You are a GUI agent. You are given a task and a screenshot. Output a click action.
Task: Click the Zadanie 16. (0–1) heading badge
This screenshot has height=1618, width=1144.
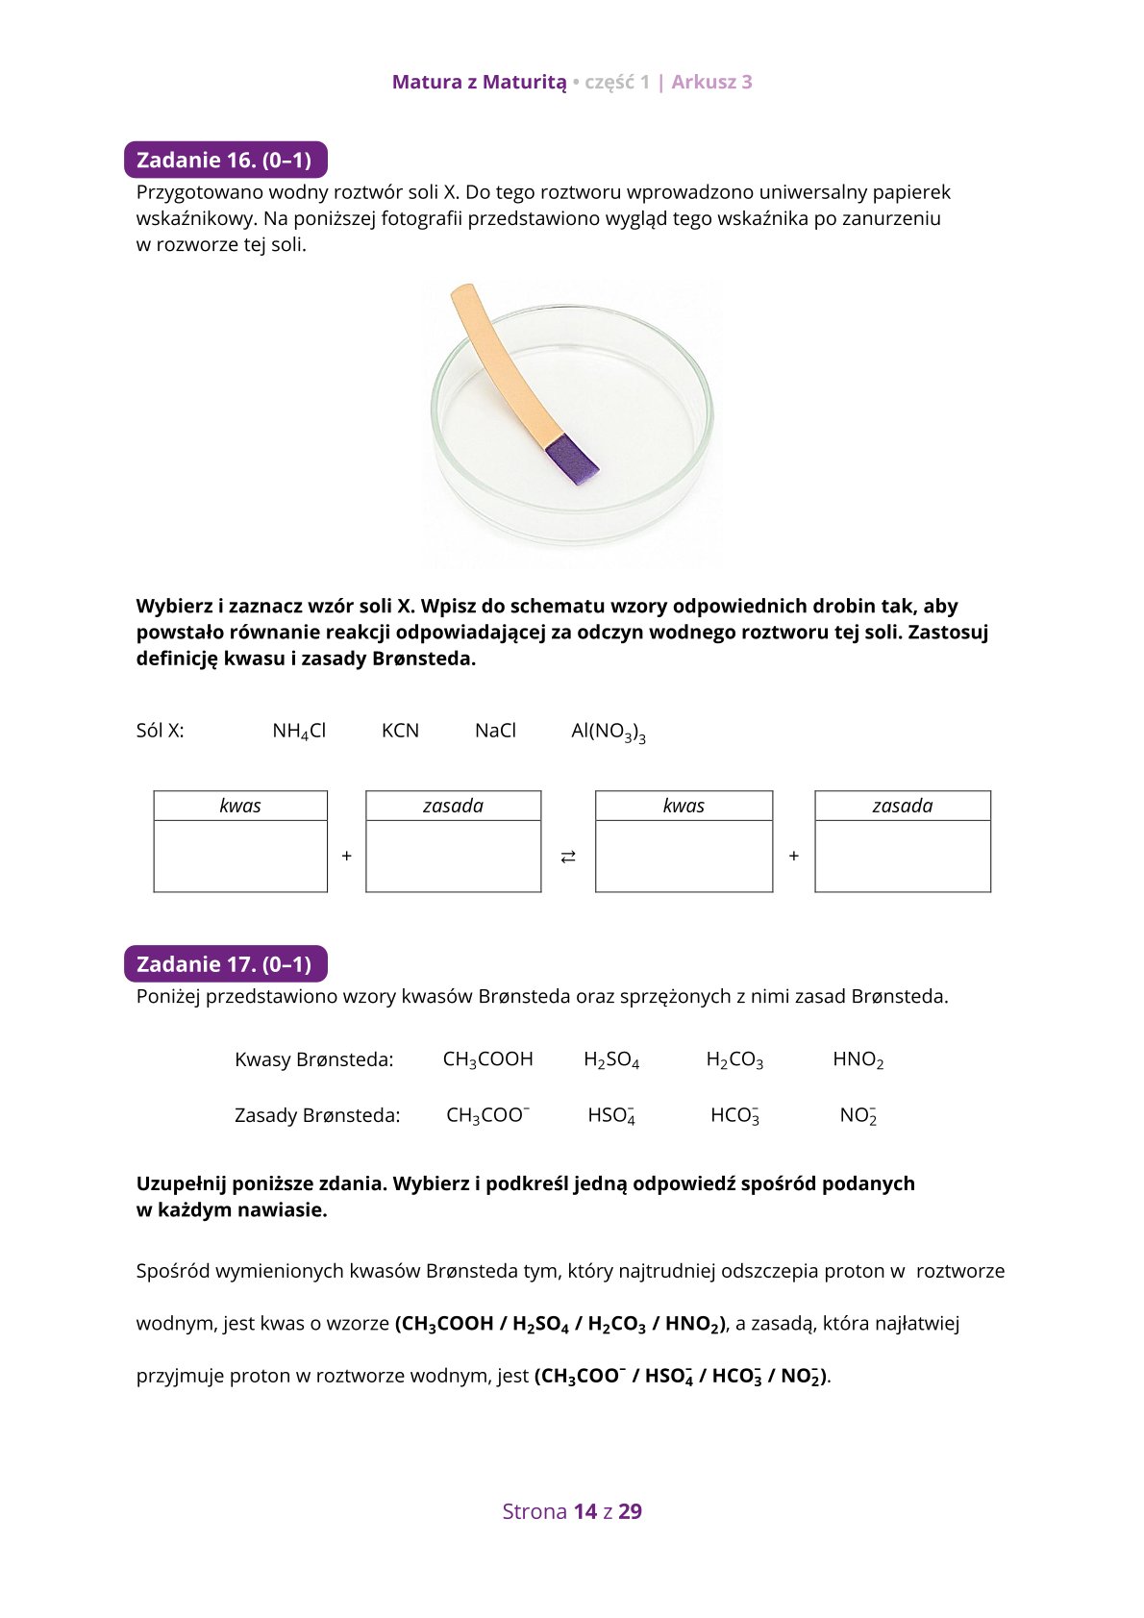click(x=225, y=161)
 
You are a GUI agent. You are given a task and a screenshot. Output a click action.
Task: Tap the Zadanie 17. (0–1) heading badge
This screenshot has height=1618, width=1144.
click(x=225, y=964)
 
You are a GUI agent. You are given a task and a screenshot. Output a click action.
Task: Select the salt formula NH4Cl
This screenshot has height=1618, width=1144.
click(x=299, y=732)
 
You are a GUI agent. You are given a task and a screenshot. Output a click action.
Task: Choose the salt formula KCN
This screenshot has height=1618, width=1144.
click(x=400, y=731)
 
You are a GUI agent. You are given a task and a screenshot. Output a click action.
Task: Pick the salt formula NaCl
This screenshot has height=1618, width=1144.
click(x=495, y=731)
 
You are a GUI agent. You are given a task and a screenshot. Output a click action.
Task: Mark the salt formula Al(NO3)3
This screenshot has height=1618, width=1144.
click(x=608, y=732)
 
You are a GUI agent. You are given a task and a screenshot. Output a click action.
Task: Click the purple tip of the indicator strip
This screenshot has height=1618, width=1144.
click(x=571, y=460)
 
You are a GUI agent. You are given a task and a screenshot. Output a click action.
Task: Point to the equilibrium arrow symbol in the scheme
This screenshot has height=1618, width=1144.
click(x=568, y=856)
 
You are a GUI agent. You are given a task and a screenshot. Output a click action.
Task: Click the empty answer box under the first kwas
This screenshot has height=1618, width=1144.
click(x=240, y=856)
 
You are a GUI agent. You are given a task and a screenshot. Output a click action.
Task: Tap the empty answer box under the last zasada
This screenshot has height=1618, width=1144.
click(x=902, y=856)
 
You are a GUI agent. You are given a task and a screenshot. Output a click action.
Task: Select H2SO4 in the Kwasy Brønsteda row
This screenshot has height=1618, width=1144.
click(x=611, y=1059)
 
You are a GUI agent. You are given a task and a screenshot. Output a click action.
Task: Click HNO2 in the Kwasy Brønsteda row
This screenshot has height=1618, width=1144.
click(x=858, y=1059)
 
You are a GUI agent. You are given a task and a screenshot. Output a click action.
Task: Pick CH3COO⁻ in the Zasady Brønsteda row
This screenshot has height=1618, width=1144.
click(x=487, y=1115)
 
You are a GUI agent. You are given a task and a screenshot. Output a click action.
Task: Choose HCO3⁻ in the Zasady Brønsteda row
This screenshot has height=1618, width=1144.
click(x=734, y=1115)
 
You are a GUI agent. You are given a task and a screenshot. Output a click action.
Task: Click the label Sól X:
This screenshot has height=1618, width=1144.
click(x=160, y=731)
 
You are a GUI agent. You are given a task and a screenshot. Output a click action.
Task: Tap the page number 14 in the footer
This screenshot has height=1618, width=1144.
click(x=584, y=1511)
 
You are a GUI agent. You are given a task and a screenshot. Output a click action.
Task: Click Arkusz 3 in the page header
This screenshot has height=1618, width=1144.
click(x=711, y=82)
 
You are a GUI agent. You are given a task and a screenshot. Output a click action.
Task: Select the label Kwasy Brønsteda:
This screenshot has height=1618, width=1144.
click(x=313, y=1059)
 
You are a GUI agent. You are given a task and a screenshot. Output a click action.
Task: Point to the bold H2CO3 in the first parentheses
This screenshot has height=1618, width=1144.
click(x=616, y=1324)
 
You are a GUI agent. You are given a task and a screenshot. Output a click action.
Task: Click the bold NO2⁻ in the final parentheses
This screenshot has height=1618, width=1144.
click(x=800, y=1377)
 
